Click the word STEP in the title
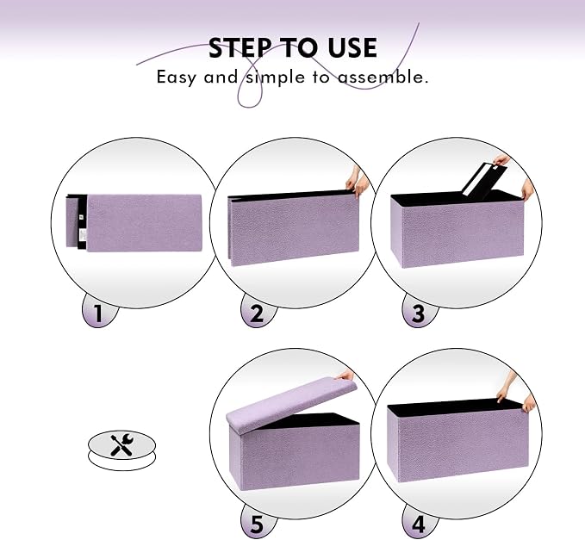pos(240,47)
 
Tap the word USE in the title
pos(352,47)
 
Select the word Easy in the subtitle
pos(176,78)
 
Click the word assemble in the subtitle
pos(383,77)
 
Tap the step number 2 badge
pos(258,313)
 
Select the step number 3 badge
pos(419,313)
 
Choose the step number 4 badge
pos(419,524)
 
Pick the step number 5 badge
pos(258,524)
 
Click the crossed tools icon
pos(121,444)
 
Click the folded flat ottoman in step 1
pos(134,223)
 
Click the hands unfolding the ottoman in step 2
pos(358,183)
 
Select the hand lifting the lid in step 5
pos(345,375)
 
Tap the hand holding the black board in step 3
pos(501,160)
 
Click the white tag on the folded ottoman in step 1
pos(83,235)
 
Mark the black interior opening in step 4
pos(454,407)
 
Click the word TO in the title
pos(299,47)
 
